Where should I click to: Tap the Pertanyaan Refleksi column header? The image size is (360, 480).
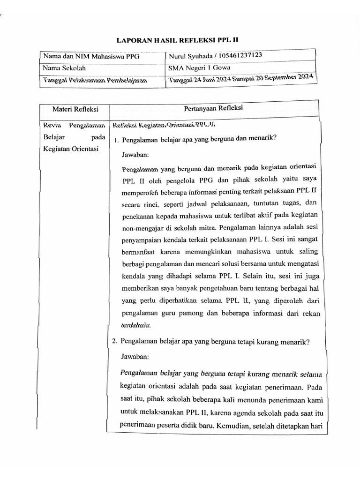(x=213, y=108)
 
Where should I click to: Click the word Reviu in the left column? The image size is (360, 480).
(x=50, y=126)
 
